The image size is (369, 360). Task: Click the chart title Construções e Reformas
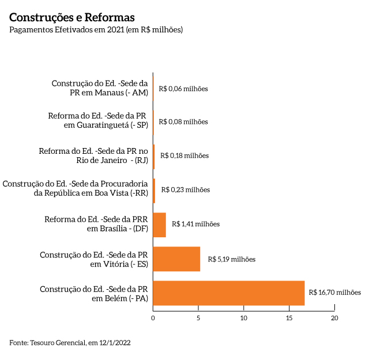72,17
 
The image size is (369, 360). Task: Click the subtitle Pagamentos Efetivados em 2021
96,30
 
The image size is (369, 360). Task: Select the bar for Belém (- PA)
228,293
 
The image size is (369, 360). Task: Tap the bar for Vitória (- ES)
176,259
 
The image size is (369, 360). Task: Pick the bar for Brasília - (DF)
159,225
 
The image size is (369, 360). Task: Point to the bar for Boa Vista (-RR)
154,190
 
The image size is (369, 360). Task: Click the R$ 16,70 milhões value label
335,293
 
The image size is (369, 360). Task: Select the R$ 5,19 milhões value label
231,259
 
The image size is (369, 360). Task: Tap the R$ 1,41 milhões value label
196,224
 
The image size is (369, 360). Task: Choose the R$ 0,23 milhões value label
186,190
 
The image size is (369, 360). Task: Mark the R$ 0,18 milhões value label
184,156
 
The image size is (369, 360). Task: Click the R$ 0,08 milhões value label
183,122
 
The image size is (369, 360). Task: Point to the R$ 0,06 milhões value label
183,89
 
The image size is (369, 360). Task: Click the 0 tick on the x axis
153,318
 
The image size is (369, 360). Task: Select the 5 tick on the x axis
198,318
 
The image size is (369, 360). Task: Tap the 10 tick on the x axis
244,318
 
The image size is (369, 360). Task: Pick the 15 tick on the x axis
289,318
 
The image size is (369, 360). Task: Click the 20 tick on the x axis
334,318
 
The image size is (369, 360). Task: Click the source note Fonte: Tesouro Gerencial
70,343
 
